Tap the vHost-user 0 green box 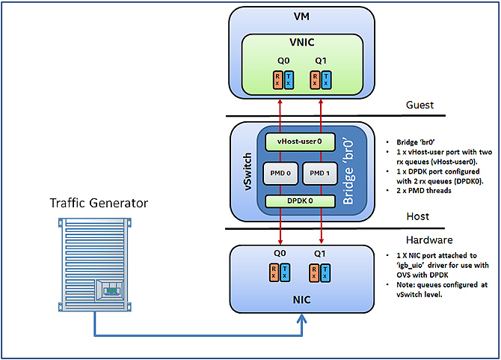coord(299,141)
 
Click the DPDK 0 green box coord(300,201)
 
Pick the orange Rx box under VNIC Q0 coord(277,79)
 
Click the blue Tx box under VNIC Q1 coord(325,79)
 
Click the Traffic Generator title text coord(99,203)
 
